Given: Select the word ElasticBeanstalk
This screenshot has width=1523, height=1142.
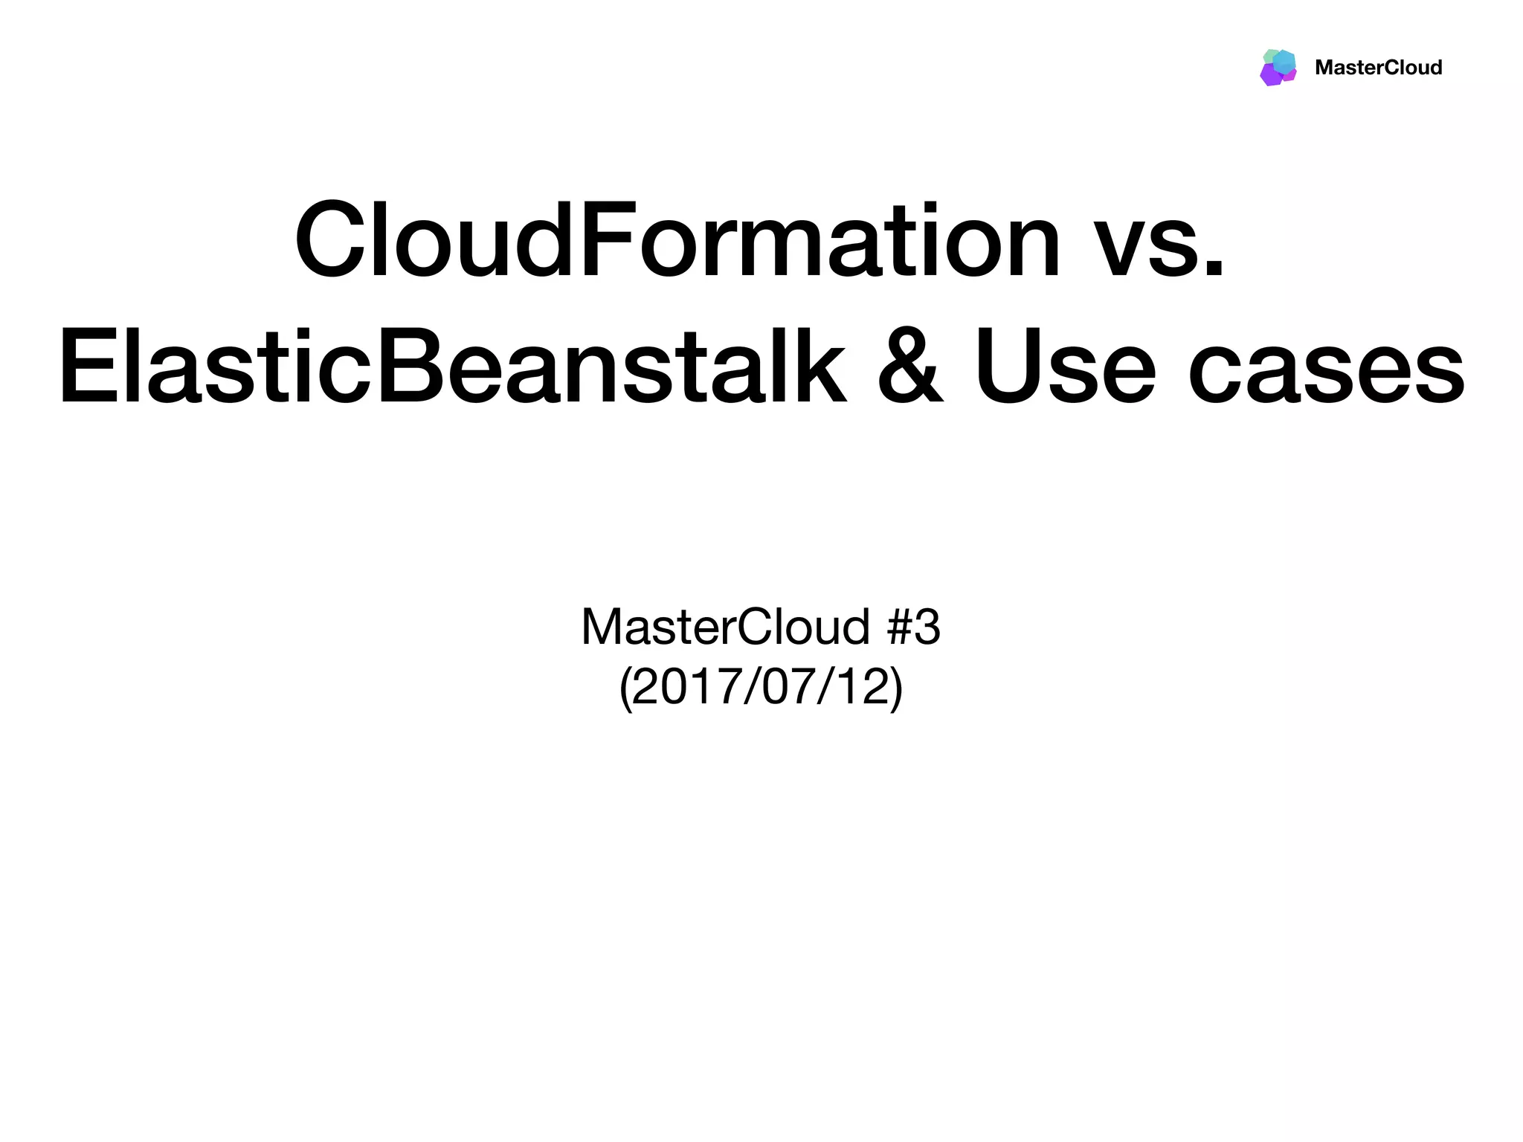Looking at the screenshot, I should click(452, 368).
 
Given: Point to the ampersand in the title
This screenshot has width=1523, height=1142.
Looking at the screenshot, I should click(910, 368).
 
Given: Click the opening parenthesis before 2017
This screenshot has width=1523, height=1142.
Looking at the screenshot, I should click(625, 688).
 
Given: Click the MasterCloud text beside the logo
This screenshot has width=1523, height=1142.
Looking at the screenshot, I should click(1378, 68).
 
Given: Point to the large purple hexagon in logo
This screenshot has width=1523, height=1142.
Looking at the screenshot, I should click(1270, 75).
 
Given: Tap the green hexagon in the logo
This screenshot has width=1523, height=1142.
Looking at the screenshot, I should click(1269, 56).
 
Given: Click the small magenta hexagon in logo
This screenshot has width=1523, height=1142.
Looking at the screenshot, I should click(1291, 75).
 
